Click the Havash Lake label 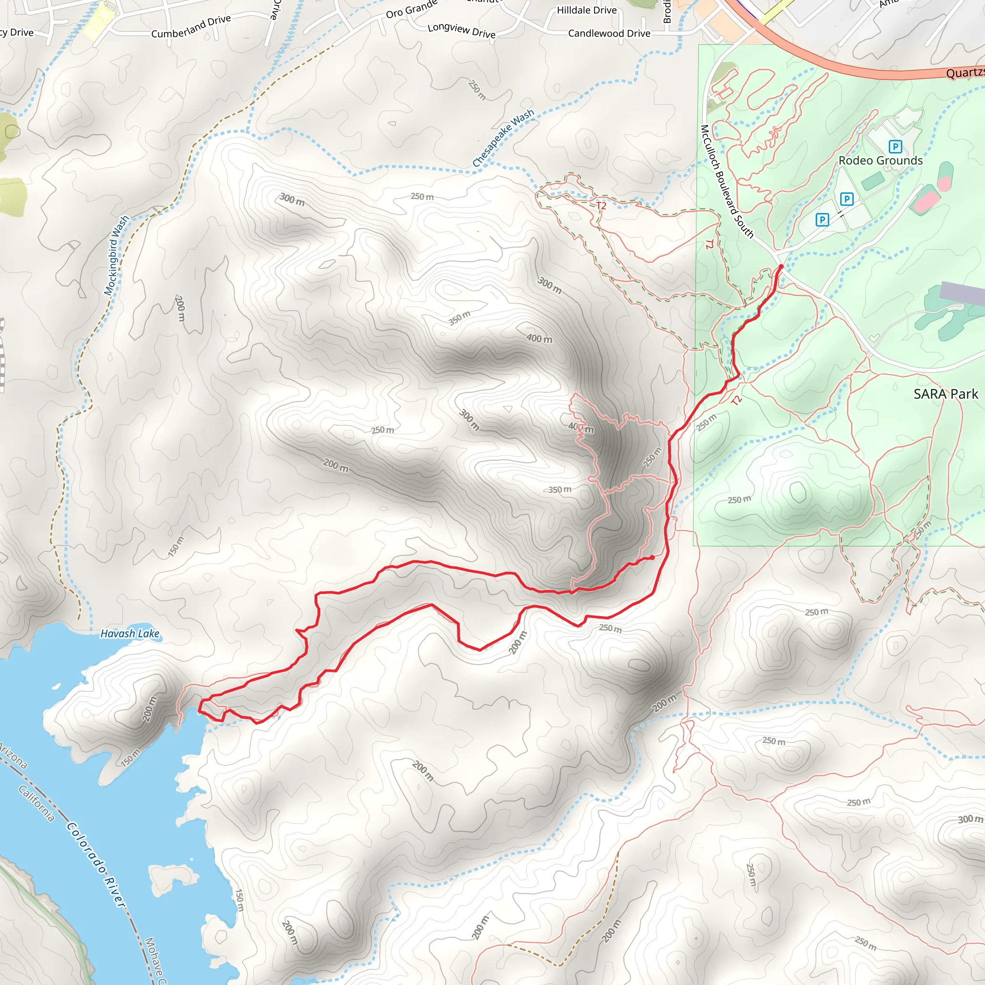tap(129, 634)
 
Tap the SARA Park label tap(945, 394)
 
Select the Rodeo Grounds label tap(881, 161)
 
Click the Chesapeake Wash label tap(503, 138)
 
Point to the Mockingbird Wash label tap(116, 255)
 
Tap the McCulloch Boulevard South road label tap(727, 181)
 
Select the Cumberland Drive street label tap(191, 26)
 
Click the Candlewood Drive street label tap(609, 34)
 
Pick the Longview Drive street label tap(461, 31)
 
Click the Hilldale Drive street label tap(586, 10)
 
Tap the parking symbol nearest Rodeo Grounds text tap(895, 147)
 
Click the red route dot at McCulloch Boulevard tap(781, 266)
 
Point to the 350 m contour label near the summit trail tap(559, 490)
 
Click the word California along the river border tap(37, 804)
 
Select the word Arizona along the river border tap(13, 756)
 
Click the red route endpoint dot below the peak tap(652, 557)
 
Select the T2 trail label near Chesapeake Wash tap(601, 205)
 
